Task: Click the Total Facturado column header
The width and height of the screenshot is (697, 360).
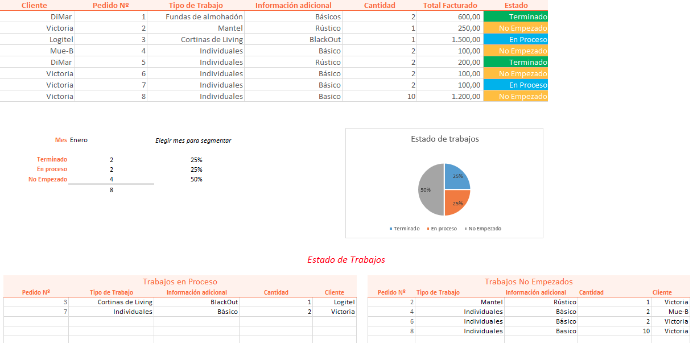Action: point(450,5)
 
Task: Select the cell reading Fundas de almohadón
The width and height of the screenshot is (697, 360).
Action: point(204,16)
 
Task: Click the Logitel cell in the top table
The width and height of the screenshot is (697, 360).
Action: point(61,40)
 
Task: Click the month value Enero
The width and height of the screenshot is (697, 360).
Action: point(79,140)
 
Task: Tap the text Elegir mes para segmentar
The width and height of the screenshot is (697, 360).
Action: point(193,140)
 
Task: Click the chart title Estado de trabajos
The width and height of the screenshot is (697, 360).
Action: point(444,139)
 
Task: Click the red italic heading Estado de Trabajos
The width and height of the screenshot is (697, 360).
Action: point(346,260)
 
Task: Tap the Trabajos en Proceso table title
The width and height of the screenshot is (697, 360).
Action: point(180,282)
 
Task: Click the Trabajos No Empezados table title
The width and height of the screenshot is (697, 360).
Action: point(529,282)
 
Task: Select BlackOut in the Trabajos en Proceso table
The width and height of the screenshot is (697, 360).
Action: point(224,303)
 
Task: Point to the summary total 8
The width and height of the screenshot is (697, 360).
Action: point(112,190)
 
